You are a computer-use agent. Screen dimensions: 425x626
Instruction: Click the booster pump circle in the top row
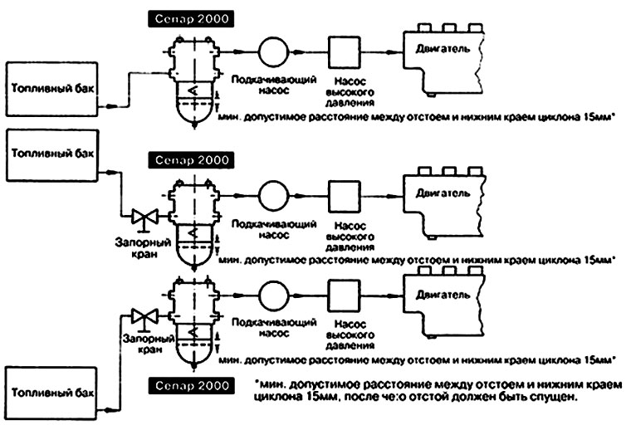tap(272, 51)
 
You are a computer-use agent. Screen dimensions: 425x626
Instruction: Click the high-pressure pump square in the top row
tap(343, 51)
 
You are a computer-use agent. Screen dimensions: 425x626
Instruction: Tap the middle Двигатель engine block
tap(445, 200)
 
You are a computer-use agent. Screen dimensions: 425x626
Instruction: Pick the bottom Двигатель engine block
tap(445, 300)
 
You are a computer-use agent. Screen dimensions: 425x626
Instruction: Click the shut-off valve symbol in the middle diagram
tap(144, 218)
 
